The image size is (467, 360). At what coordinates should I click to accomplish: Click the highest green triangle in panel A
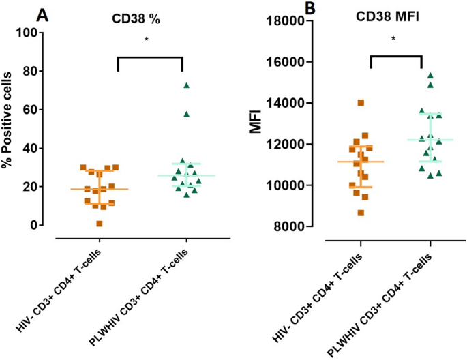point(185,85)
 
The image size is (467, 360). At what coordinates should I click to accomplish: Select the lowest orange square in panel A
point(100,224)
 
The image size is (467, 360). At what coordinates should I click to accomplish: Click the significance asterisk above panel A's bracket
point(147,40)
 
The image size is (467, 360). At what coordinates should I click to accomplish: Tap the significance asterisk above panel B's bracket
point(393,40)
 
